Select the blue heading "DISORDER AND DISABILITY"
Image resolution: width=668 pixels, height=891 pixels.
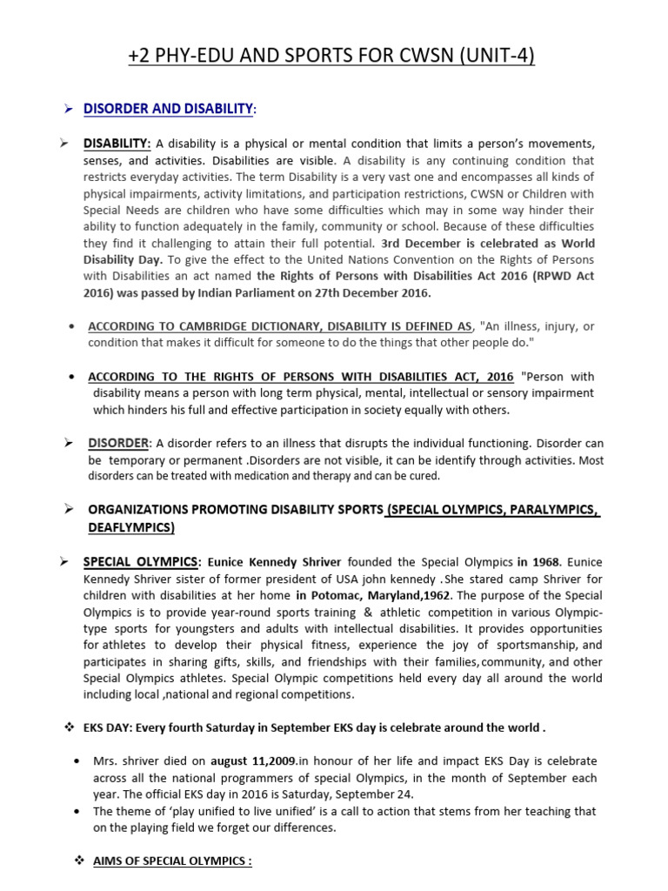168,108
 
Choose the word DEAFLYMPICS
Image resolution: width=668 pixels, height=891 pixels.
130,527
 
